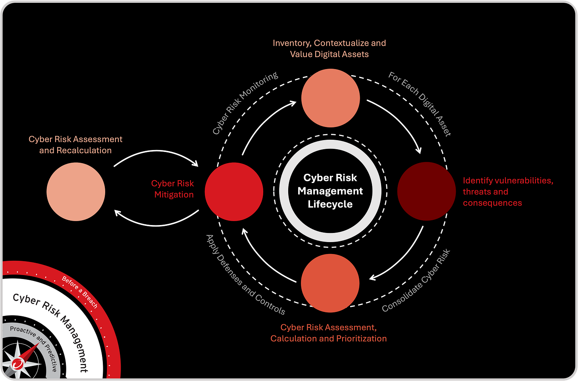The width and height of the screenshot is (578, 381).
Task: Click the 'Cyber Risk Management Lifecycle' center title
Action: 330,191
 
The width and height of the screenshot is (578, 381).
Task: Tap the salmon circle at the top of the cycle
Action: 330,98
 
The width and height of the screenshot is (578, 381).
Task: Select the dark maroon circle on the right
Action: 426,191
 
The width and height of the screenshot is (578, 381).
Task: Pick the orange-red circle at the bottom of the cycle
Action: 330,283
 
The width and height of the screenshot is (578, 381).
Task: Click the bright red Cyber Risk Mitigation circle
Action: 234,192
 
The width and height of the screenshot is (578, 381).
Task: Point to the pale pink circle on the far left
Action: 76,192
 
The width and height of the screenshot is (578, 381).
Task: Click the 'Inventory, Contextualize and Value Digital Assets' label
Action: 329,48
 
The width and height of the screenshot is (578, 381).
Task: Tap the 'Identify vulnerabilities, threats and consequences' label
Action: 507,192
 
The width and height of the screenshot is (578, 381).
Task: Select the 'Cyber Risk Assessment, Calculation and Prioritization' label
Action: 328,333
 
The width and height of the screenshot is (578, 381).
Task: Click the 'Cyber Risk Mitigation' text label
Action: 173,189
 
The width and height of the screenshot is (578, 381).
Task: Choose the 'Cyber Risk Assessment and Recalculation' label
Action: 75,145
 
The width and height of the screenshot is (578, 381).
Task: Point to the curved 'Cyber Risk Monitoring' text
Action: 245,103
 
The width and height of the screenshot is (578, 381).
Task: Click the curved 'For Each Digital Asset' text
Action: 420,104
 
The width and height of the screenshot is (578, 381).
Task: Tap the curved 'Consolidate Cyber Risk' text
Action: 416,281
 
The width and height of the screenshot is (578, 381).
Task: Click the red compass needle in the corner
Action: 28,353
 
